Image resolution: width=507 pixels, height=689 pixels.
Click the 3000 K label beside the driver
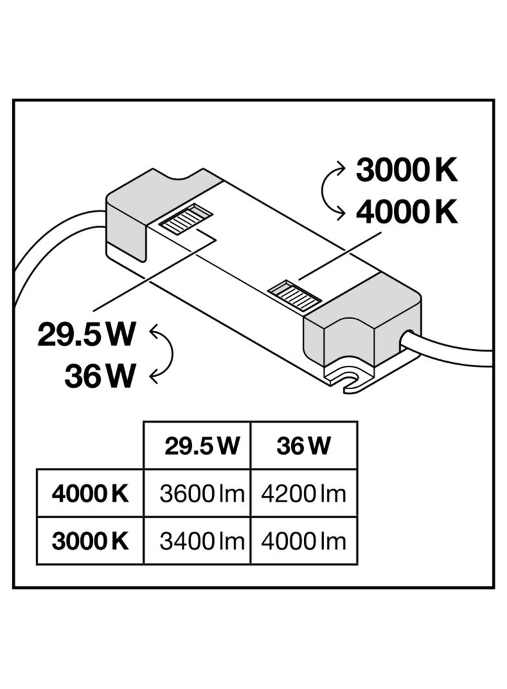[407, 170]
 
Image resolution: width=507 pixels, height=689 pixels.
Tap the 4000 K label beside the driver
[407, 212]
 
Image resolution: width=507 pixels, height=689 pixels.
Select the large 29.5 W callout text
[86, 334]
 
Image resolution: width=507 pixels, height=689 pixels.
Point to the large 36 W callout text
[100, 376]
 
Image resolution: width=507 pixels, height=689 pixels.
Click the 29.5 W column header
[202, 446]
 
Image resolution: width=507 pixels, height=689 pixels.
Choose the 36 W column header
[303, 446]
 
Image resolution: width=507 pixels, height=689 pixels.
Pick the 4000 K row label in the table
[90, 493]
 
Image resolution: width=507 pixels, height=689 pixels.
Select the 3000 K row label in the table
[90, 541]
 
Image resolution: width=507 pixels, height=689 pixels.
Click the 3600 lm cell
[202, 493]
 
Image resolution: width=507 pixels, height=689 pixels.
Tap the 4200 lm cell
[303, 493]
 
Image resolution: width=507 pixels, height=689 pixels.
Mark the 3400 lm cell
[202, 541]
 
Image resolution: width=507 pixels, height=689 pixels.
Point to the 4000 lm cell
[303, 541]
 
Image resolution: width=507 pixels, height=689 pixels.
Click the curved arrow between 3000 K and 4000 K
[323, 191]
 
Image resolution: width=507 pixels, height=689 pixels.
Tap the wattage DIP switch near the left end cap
[186, 218]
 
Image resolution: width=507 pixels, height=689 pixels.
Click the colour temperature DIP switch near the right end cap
[294, 294]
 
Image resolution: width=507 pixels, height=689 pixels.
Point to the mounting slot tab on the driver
[351, 379]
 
